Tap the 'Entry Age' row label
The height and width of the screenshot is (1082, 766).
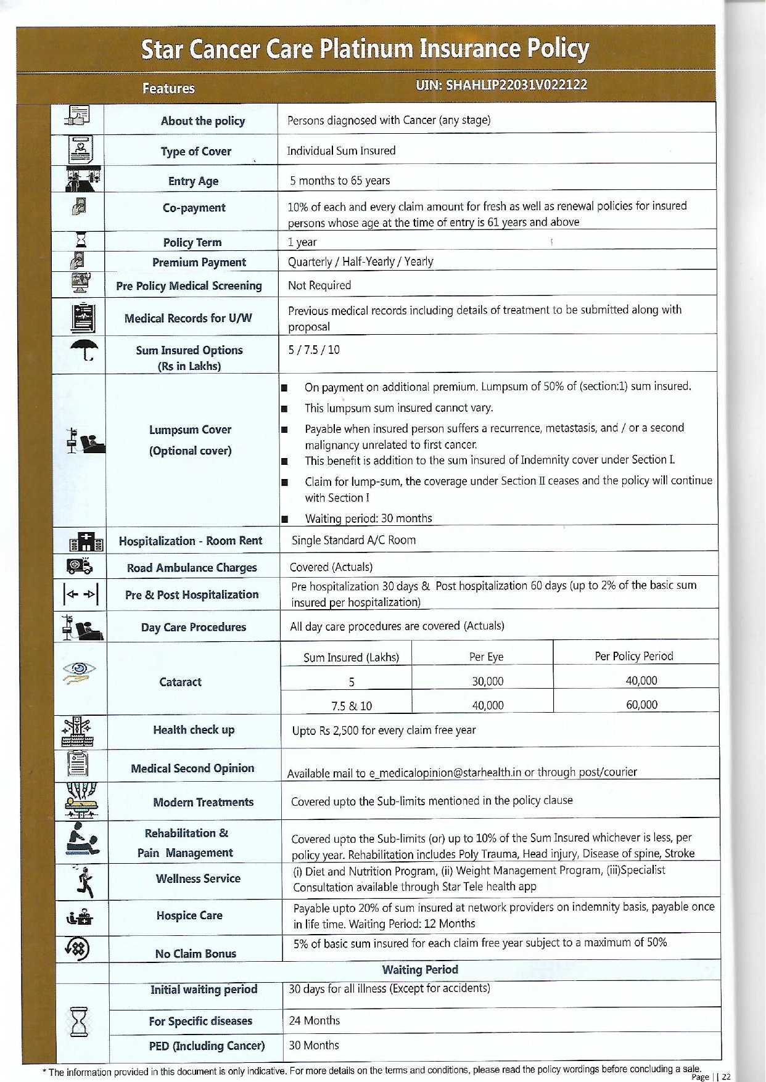click(193, 181)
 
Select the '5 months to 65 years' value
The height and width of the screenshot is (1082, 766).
click(340, 181)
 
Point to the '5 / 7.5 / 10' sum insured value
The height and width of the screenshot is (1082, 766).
click(314, 350)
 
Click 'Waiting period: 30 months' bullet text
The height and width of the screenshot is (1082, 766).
click(368, 518)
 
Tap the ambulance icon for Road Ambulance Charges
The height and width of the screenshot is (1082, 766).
click(80, 565)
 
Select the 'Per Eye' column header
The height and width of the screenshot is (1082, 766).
click(486, 657)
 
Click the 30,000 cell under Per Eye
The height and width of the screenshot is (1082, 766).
click(487, 681)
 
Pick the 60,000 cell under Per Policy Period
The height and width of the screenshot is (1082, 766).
click(641, 705)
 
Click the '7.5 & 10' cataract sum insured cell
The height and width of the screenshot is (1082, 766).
click(352, 706)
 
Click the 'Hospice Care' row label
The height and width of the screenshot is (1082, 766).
click(189, 916)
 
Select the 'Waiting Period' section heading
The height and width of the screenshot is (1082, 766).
click(420, 970)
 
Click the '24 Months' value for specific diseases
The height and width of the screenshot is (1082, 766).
click(315, 1021)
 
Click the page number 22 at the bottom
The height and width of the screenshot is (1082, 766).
click(726, 1077)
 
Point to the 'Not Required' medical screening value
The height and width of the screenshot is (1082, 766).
click(319, 285)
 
